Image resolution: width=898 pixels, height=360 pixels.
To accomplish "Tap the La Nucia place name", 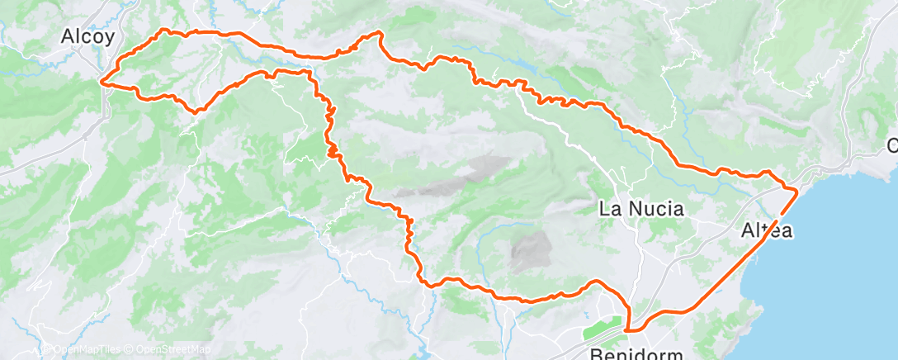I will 641,209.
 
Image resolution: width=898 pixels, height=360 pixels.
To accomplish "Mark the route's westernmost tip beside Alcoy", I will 102,81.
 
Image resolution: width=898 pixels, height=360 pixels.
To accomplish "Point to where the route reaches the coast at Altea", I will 796,191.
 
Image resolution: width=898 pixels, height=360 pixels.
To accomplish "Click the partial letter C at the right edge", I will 892,146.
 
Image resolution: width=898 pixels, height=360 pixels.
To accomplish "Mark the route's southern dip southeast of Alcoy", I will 197,110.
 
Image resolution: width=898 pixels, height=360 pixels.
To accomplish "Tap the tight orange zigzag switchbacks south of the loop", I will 331,132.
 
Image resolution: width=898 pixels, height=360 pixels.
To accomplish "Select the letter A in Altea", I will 747,232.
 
